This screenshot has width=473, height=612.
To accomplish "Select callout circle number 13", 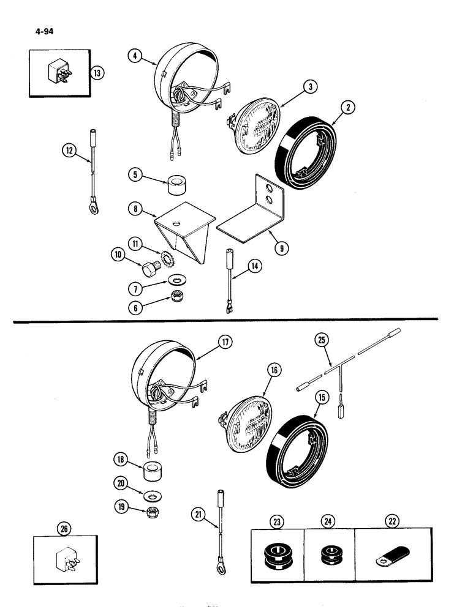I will coord(96,73).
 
